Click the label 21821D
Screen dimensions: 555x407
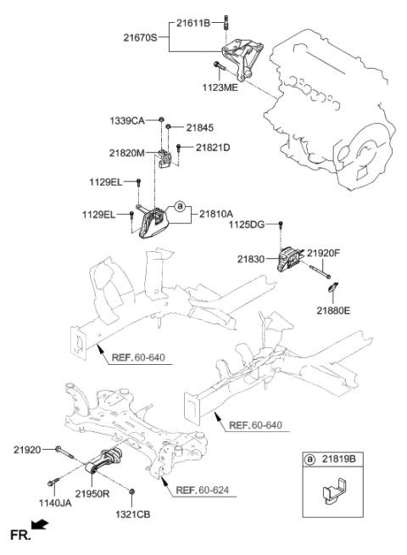[x=213, y=148]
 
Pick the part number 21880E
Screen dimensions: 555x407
[x=337, y=311]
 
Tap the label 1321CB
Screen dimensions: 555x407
[x=133, y=514]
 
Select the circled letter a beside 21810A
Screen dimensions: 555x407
[x=179, y=205]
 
